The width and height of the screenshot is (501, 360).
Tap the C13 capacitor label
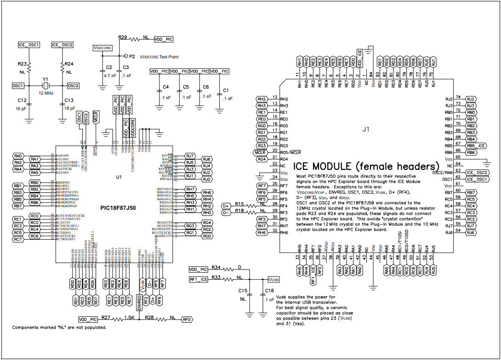tap(69, 100)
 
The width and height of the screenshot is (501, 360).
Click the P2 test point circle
tap(126, 56)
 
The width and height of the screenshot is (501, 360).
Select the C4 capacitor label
tap(166, 87)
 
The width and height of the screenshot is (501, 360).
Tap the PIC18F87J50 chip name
tap(121, 208)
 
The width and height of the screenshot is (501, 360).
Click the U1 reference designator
tap(119, 177)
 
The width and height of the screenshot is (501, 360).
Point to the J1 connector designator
tap(365, 129)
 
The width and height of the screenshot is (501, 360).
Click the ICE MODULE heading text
tap(366, 165)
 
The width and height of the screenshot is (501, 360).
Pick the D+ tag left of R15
tap(226, 206)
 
